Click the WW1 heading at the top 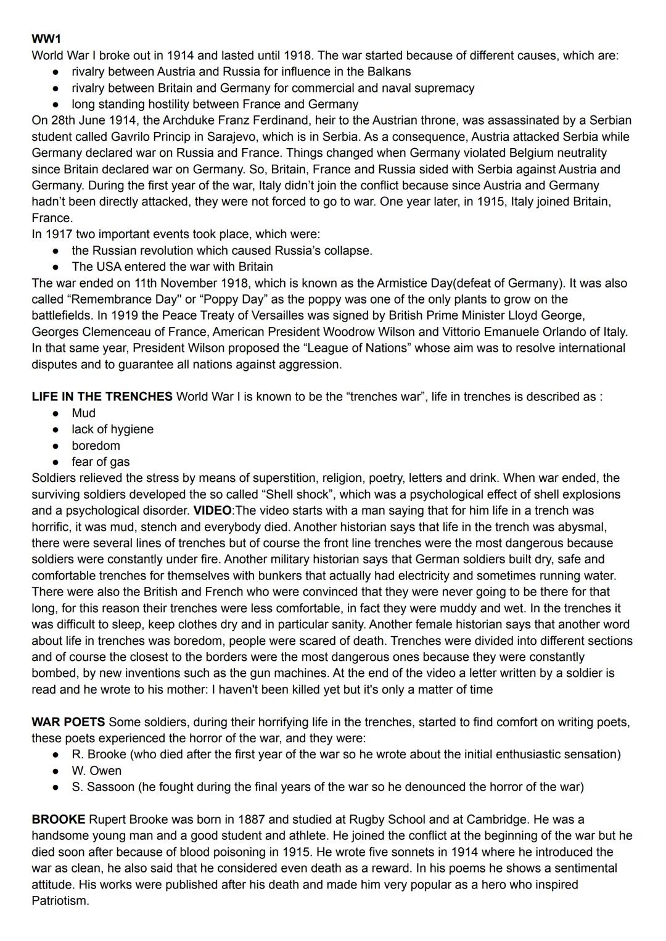pyautogui.click(x=46, y=39)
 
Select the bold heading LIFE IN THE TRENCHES pyautogui.click(x=102, y=397)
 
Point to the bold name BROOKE pyautogui.click(x=59, y=819)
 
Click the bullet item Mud pyautogui.click(x=83, y=413)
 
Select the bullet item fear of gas pyautogui.click(x=101, y=462)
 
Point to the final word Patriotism pyautogui.click(x=60, y=901)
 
